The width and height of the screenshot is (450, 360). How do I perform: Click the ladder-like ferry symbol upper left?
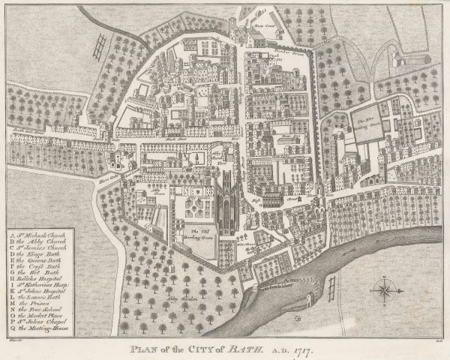[97, 46]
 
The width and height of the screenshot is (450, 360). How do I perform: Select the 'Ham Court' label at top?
[261, 25]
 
